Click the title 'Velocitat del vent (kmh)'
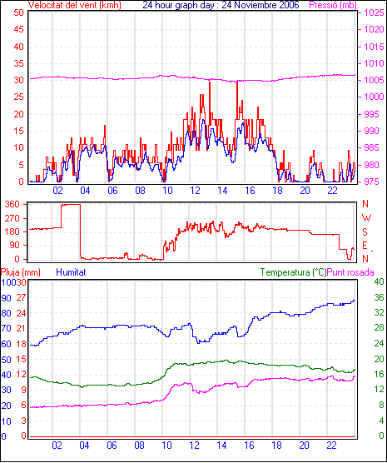75,5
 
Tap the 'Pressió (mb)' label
333,5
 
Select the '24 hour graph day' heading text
180,5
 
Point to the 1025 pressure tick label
374,12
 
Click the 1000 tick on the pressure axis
374,97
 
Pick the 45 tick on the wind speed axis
18,29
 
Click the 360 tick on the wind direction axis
12,204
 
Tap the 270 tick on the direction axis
12,218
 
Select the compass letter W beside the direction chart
366,218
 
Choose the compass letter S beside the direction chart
365,232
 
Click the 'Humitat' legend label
71,272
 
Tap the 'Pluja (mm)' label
20,272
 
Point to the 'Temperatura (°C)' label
294,272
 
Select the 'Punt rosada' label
350,272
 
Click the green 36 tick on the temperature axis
379,297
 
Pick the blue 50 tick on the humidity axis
6,360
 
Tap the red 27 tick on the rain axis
22,297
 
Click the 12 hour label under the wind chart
195,191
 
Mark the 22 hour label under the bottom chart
331,445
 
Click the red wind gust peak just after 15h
237,82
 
